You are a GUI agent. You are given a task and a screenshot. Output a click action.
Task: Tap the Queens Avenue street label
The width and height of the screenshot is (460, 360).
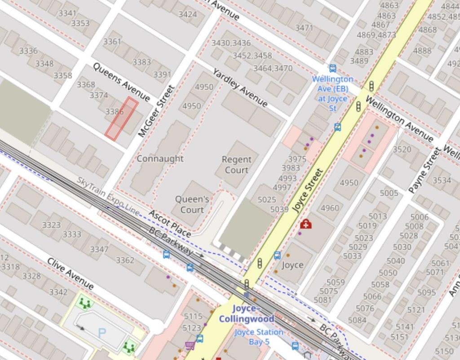click(x=121, y=82)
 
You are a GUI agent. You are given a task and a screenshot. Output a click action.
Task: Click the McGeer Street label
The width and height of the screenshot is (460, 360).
click(x=155, y=111)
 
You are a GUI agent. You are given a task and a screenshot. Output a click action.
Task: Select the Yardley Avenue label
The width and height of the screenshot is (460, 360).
click(x=240, y=88)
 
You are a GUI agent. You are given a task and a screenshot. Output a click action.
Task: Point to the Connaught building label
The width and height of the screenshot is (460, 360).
click(x=160, y=159)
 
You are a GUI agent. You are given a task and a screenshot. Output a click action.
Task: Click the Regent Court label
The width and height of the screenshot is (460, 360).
click(x=236, y=164)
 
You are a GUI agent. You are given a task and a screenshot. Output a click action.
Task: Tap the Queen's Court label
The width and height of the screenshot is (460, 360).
click(x=192, y=204)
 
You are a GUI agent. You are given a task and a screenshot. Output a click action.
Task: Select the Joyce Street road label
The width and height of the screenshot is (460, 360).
click(x=308, y=191)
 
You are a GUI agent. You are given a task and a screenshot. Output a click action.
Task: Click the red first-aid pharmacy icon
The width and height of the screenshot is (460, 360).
click(x=306, y=224)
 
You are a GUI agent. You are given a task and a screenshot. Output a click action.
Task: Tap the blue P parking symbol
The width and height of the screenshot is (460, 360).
click(x=102, y=333)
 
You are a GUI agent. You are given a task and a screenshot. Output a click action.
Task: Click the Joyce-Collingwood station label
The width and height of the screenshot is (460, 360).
click(x=246, y=314)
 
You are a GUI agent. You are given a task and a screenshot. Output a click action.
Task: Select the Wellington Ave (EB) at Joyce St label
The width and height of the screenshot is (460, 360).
click(x=332, y=93)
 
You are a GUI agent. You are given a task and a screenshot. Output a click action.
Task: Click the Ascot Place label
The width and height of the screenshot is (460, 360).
click(x=169, y=223)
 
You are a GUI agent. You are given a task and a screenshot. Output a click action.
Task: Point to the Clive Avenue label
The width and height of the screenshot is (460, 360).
click(x=71, y=274)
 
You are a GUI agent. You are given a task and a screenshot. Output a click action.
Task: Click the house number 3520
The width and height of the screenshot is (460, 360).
click(x=402, y=149)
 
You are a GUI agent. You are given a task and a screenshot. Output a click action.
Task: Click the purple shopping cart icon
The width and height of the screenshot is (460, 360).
click(x=190, y=345)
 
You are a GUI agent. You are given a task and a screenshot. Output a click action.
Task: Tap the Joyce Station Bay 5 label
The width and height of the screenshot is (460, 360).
click(x=259, y=337)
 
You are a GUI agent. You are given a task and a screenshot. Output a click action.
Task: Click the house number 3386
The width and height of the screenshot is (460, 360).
click(x=115, y=111)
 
